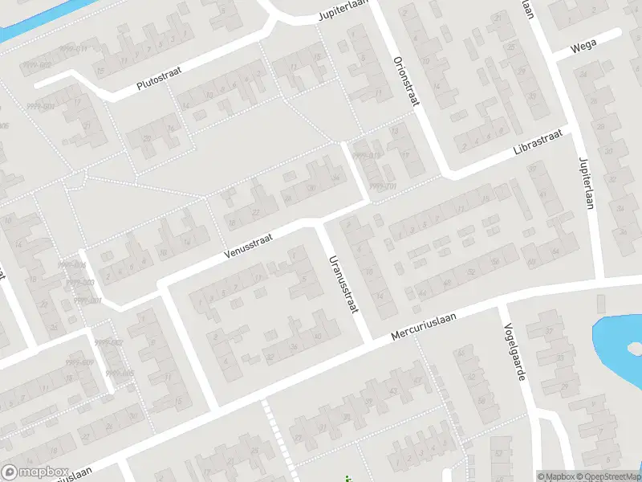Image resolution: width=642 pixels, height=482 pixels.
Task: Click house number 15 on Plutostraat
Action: coord(100,71)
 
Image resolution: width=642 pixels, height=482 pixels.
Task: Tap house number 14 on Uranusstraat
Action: coord(380,296)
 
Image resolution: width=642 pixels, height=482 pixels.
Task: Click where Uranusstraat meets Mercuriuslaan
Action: coord(368,337)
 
